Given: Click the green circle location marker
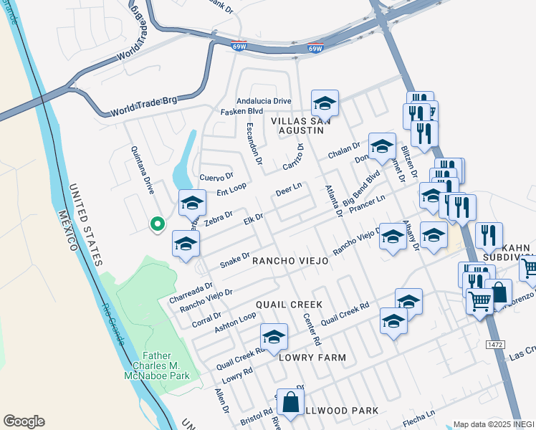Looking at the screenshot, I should (x=157, y=225).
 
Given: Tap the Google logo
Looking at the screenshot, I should (x=24, y=421).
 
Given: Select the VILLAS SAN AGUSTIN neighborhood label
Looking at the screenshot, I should (x=302, y=126).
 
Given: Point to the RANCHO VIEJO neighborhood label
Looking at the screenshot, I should (x=290, y=262).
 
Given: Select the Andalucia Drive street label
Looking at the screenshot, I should (x=264, y=101).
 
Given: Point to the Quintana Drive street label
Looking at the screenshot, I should (x=142, y=170).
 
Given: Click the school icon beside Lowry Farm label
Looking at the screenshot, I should (x=274, y=337).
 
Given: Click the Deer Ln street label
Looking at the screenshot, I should (x=289, y=191).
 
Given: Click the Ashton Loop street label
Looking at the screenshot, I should (x=235, y=323).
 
